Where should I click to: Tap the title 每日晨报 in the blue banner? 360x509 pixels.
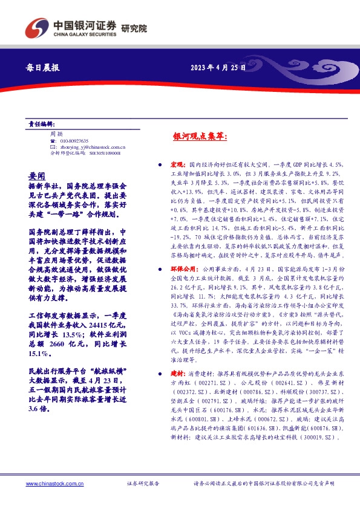(x=44, y=68)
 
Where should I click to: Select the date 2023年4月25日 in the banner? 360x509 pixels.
(x=218, y=68)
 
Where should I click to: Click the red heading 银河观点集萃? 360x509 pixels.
(x=200, y=138)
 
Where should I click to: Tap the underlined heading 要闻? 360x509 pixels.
(x=36, y=175)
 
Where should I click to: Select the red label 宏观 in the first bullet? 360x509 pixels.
(x=177, y=164)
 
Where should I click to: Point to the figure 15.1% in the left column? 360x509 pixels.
(x=39, y=352)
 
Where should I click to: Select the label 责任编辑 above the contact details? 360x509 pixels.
(x=41, y=123)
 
